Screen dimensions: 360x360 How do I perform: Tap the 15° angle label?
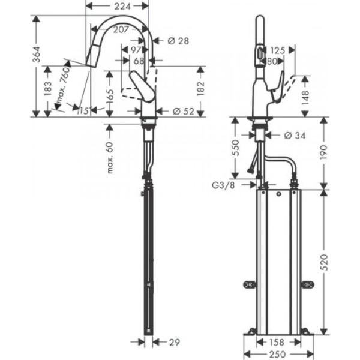coord(83,111)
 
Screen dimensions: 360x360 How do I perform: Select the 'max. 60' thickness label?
coord(110,157)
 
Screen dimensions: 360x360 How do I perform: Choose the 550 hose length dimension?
coord(236,147)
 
